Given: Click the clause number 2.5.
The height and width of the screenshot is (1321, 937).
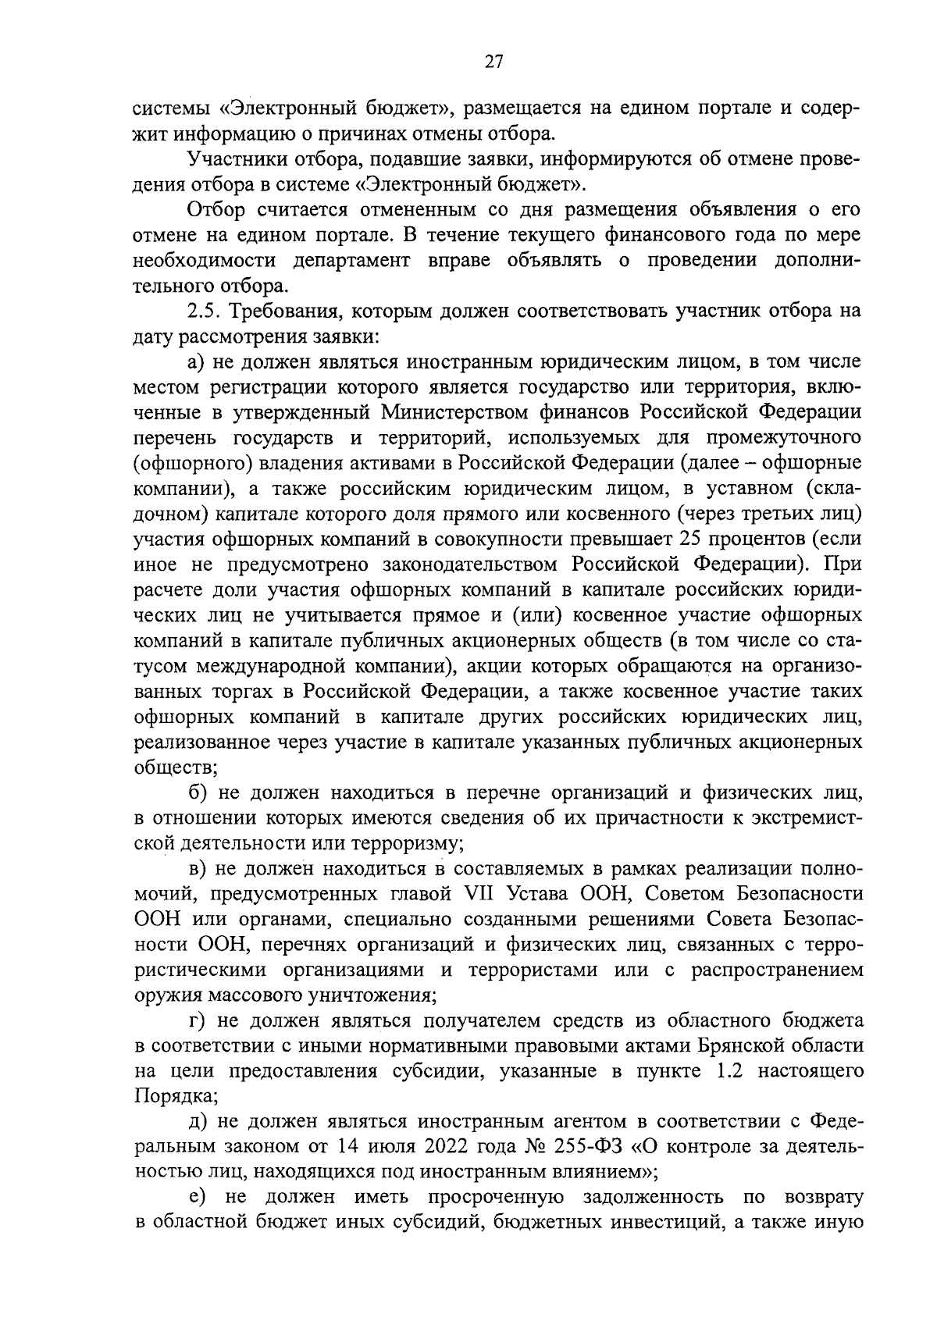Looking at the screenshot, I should (x=205, y=311).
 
